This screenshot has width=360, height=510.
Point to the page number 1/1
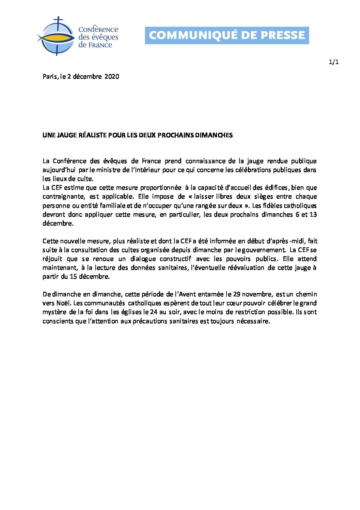pos(333,62)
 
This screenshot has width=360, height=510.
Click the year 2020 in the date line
pos(112,77)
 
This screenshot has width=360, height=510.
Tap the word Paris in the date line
pos(50,77)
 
